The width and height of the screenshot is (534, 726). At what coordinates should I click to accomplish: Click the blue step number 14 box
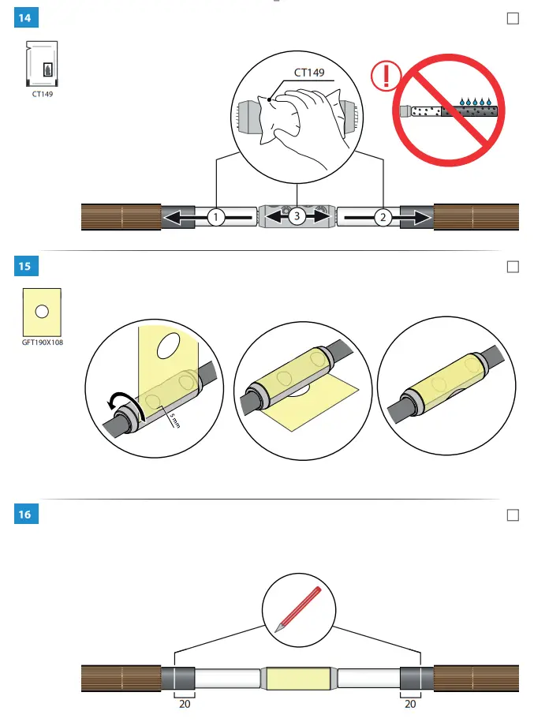click(x=26, y=18)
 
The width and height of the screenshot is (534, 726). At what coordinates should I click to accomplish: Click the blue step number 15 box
click(x=26, y=266)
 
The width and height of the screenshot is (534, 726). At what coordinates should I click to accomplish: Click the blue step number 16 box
click(x=26, y=515)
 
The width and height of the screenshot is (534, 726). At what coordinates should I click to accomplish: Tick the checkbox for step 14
click(x=513, y=18)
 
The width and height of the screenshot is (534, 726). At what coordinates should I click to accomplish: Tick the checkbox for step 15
click(x=513, y=267)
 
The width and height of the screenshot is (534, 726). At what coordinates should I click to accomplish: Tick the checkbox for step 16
click(x=513, y=515)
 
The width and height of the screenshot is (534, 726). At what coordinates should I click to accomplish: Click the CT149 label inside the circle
click(x=309, y=73)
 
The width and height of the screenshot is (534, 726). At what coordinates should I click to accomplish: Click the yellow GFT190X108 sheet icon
click(x=42, y=312)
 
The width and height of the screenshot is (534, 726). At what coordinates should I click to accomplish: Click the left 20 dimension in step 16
click(x=185, y=704)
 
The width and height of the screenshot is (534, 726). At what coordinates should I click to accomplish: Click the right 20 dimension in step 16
click(x=410, y=704)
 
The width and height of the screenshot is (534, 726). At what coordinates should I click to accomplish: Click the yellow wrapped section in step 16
click(x=298, y=678)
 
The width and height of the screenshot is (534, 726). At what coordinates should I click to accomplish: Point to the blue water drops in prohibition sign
click(x=476, y=102)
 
